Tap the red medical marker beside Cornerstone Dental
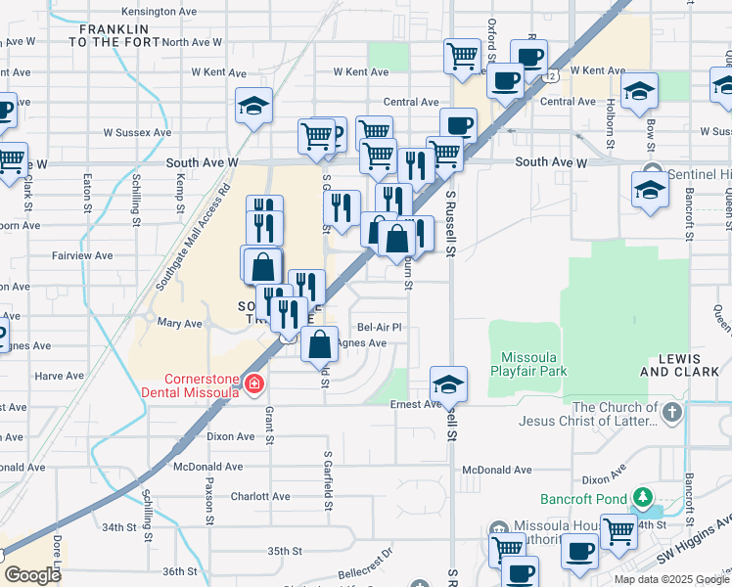coord(254,384)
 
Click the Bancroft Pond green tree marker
coord(642,497)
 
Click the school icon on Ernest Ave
coord(448,384)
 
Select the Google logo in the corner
coord(32,575)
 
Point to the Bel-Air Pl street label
coord(380,328)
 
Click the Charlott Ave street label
coord(260,496)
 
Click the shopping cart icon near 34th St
coord(618,531)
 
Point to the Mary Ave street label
coord(179,323)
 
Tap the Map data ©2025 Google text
coord(671,579)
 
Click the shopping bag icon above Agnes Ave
coord(319,344)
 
